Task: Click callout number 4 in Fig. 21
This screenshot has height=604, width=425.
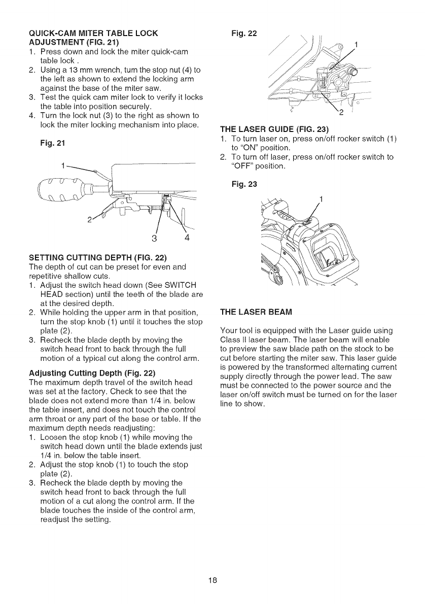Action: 187,239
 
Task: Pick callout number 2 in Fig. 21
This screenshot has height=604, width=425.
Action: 90,220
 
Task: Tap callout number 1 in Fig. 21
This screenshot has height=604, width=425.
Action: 62,165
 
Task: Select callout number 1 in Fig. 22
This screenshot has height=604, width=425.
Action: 358,44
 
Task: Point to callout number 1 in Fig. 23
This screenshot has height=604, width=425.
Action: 323,199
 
